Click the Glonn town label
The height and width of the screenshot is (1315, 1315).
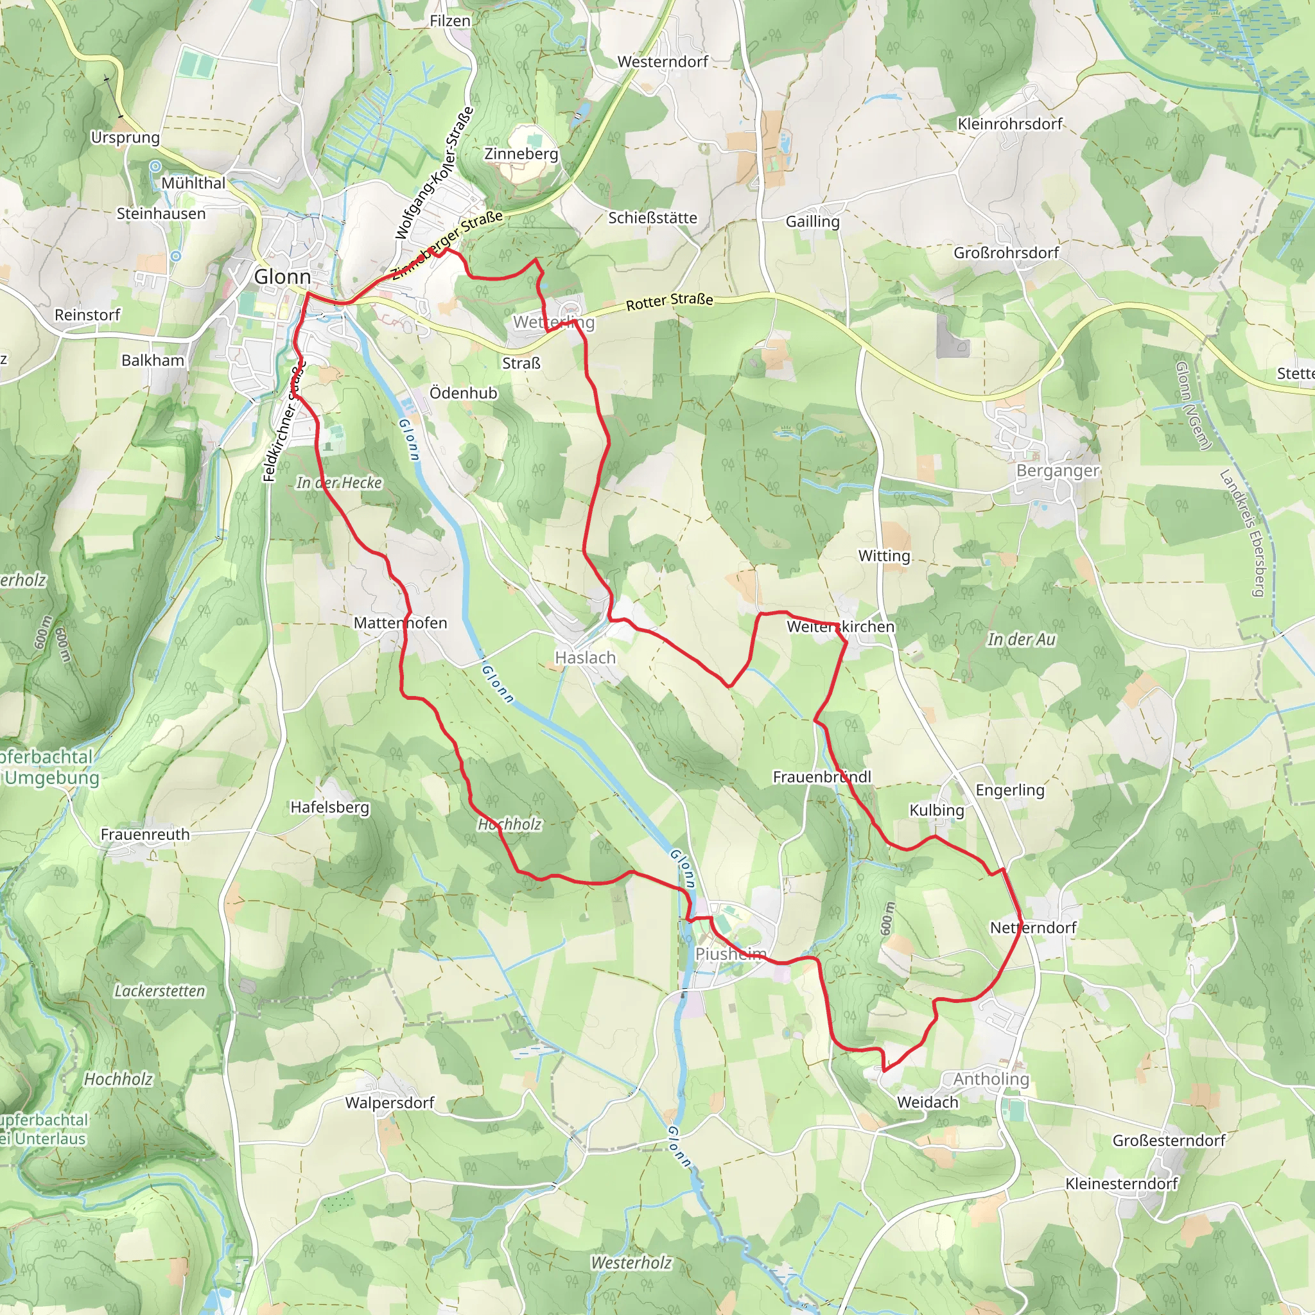click(282, 277)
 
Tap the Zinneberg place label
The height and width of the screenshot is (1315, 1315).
click(521, 154)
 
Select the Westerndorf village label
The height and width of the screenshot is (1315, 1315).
click(662, 62)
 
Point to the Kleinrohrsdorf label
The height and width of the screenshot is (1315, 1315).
click(1009, 124)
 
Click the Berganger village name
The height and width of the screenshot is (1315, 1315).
click(1057, 471)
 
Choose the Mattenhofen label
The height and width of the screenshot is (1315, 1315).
click(400, 623)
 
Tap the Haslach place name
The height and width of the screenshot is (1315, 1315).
click(585, 657)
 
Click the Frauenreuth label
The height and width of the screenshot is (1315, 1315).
click(145, 835)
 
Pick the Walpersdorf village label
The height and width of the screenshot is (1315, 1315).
click(389, 1102)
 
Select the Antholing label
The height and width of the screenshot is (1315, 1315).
click(990, 1079)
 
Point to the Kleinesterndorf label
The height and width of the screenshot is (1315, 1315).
click(1121, 1183)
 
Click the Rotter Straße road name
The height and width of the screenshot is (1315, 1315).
click(669, 301)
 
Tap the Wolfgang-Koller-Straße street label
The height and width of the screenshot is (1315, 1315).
click(433, 174)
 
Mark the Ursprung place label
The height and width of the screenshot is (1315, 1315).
click(125, 137)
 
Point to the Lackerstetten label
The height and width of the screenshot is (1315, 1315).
click(159, 991)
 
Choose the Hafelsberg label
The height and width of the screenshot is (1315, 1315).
click(329, 807)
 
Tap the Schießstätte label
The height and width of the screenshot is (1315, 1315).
click(652, 218)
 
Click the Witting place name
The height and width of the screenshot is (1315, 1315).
click(884, 556)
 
